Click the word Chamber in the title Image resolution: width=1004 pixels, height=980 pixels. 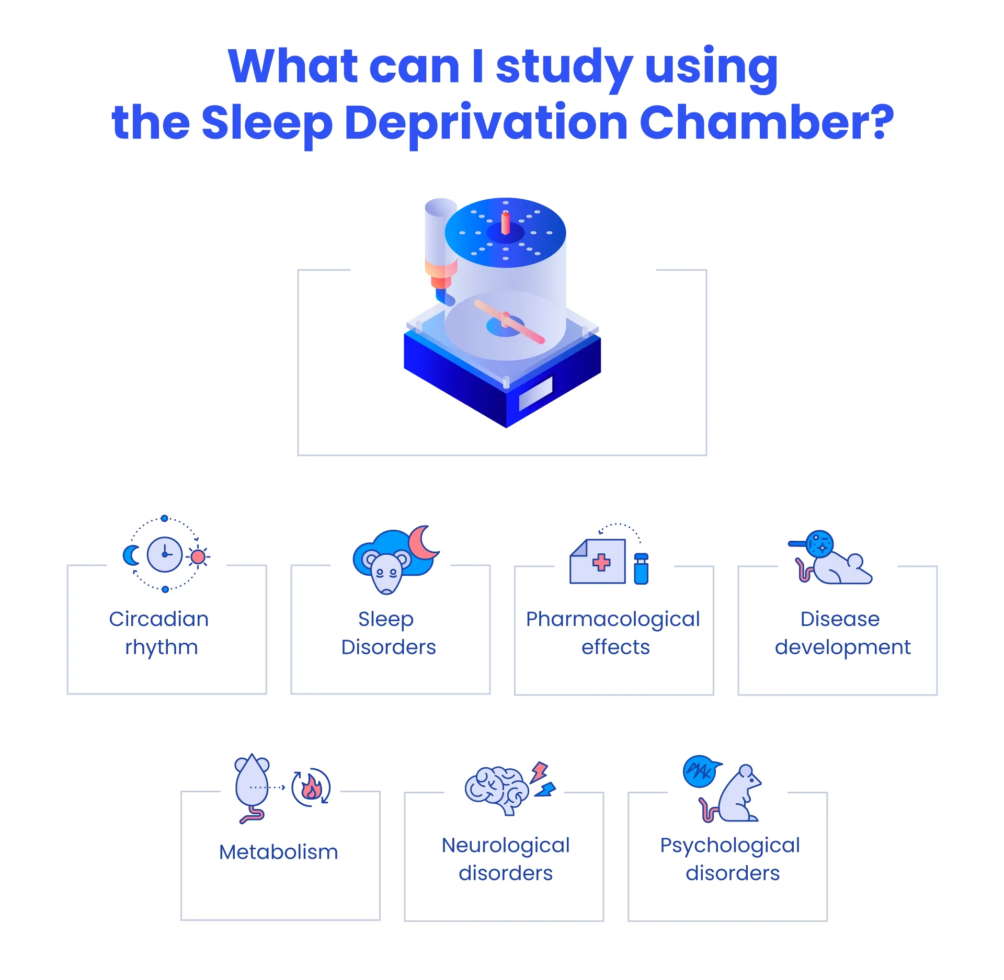[x=767, y=122]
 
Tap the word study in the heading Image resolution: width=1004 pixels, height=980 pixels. [x=564, y=69]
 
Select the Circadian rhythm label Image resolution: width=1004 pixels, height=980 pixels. [x=159, y=633]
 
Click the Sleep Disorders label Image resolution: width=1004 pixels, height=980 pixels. [x=388, y=633]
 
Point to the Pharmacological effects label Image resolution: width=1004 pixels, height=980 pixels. [x=613, y=633]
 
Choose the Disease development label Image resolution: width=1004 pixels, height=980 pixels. [x=842, y=633]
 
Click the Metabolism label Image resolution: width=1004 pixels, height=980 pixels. [x=279, y=852]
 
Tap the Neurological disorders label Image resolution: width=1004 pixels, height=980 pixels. [x=506, y=859]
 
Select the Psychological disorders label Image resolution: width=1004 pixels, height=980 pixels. [x=730, y=859]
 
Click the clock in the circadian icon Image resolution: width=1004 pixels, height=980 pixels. [x=165, y=554]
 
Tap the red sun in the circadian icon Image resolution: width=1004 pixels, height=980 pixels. [x=198, y=557]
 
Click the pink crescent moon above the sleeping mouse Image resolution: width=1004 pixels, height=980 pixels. [x=423, y=542]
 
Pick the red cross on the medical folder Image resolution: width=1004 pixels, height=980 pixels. [x=601, y=562]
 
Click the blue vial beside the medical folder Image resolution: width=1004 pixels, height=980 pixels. [x=641, y=568]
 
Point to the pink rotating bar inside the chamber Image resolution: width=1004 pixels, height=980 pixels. [x=509, y=322]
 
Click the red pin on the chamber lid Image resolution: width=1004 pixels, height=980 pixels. [x=506, y=223]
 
